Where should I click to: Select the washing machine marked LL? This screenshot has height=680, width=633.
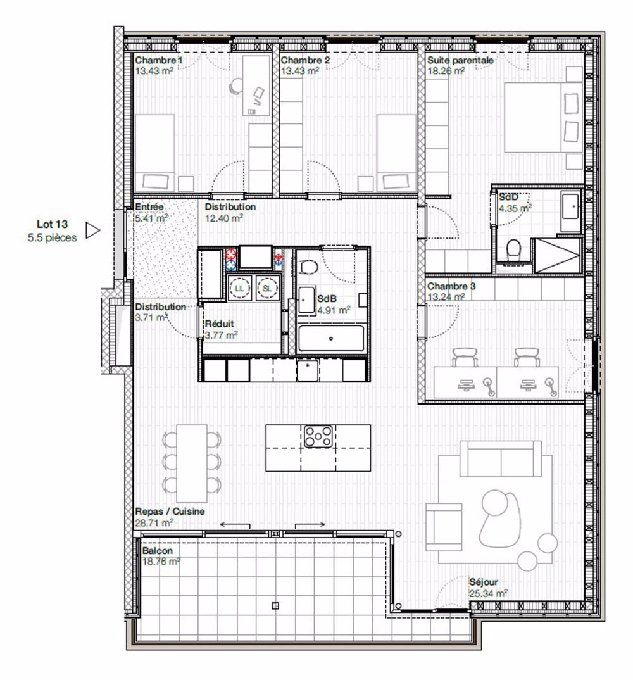point(239,287)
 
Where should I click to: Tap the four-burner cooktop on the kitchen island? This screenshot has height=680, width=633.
point(318,435)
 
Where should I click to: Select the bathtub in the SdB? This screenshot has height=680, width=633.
point(331,339)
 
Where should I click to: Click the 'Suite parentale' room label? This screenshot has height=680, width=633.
point(460,60)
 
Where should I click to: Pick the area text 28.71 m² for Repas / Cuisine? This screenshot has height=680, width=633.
point(154,523)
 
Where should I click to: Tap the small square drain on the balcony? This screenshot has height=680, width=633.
point(274,605)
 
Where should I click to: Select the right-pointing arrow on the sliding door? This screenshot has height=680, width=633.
point(311,524)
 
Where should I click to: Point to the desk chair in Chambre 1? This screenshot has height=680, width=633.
point(236,85)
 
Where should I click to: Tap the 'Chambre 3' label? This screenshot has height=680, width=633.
point(451,286)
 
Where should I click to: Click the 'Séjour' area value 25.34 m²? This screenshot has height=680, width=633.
point(488,594)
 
